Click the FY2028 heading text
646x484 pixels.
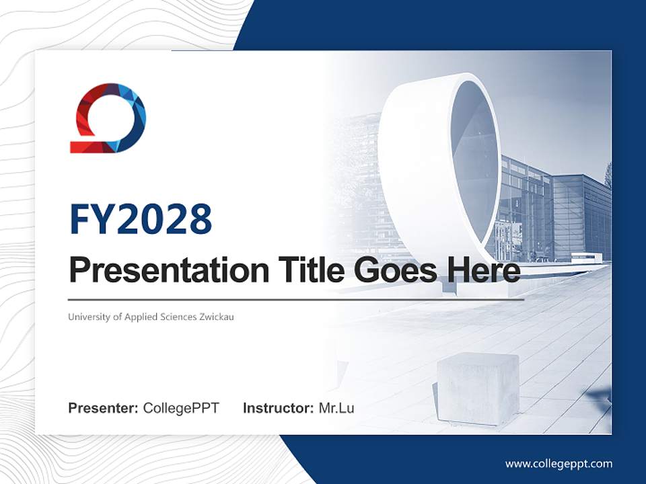[141, 220]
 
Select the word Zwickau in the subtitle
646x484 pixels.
[217, 317]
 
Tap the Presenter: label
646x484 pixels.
[103, 408]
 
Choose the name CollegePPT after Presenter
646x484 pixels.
[180, 408]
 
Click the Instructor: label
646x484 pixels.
[278, 408]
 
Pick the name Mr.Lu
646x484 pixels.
[336, 408]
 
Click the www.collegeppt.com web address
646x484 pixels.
[559, 464]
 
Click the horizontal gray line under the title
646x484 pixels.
[296, 300]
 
